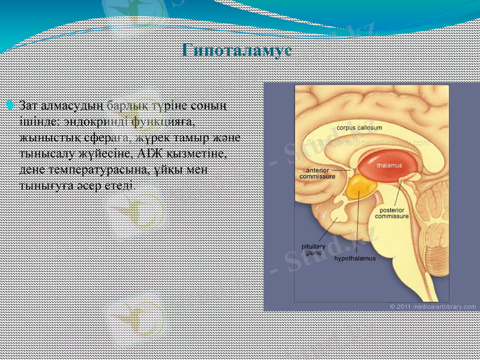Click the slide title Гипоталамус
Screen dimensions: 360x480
coord(237,50)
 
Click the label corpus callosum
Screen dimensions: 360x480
coord(359,128)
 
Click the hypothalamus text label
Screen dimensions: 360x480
coord(355,259)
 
